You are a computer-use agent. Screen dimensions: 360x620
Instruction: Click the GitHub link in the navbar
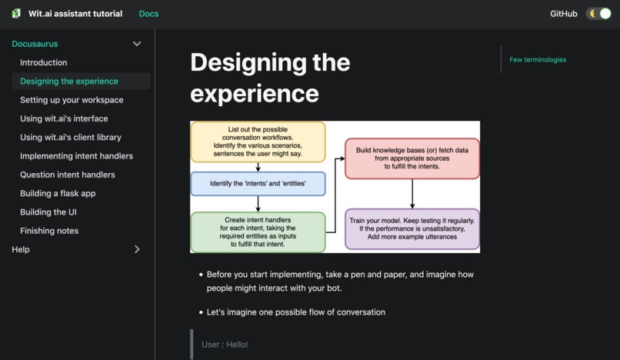[563, 14]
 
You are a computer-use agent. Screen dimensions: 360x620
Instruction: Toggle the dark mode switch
[598, 14]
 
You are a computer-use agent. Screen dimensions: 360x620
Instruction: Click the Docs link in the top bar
[148, 14]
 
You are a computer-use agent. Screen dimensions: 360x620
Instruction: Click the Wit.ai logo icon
[16, 14]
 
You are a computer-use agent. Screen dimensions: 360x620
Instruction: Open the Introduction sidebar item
[43, 62]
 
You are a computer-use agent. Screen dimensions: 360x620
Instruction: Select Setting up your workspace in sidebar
[72, 100]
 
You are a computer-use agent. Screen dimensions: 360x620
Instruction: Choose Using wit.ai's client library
[70, 137]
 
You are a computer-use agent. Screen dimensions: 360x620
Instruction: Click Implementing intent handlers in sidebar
[76, 156]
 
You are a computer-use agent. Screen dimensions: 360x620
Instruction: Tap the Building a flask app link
[58, 193]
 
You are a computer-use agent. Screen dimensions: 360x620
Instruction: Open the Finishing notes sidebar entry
[49, 231]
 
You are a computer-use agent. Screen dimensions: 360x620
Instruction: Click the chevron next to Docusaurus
[137, 44]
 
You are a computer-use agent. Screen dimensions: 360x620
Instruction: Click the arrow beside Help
[137, 249]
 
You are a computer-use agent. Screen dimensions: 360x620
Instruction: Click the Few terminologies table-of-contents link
[538, 59]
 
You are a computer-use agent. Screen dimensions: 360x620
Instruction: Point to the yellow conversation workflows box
[258, 142]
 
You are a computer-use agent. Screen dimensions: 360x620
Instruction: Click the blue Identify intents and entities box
[258, 184]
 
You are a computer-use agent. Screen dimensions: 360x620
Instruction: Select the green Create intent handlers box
[258, 232]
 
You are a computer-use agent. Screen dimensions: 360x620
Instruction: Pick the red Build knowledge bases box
[412, 158]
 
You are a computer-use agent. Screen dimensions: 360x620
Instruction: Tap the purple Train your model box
[412, 228]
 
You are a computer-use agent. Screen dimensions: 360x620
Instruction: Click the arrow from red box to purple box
[412, 194]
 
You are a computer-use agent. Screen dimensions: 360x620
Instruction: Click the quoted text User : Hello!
[225, 345]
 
